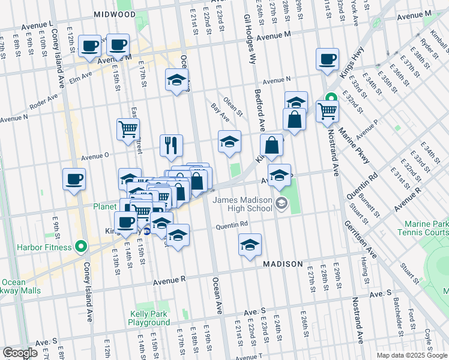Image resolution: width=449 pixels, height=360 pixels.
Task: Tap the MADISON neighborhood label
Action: click(x=283, y=265)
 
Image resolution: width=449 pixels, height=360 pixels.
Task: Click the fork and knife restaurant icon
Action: click(x=171, y=145)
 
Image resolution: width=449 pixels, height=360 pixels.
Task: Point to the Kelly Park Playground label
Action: click(x=149, y=318)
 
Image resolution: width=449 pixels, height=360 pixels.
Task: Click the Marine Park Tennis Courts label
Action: click(x=423, y=228)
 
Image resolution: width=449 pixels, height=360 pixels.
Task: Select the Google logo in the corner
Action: click(x=20, y=353)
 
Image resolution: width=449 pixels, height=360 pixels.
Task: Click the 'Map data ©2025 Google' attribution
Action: click(x=411, y=355)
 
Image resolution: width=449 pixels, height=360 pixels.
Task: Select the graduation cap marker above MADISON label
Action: click(x=250, y=244)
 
